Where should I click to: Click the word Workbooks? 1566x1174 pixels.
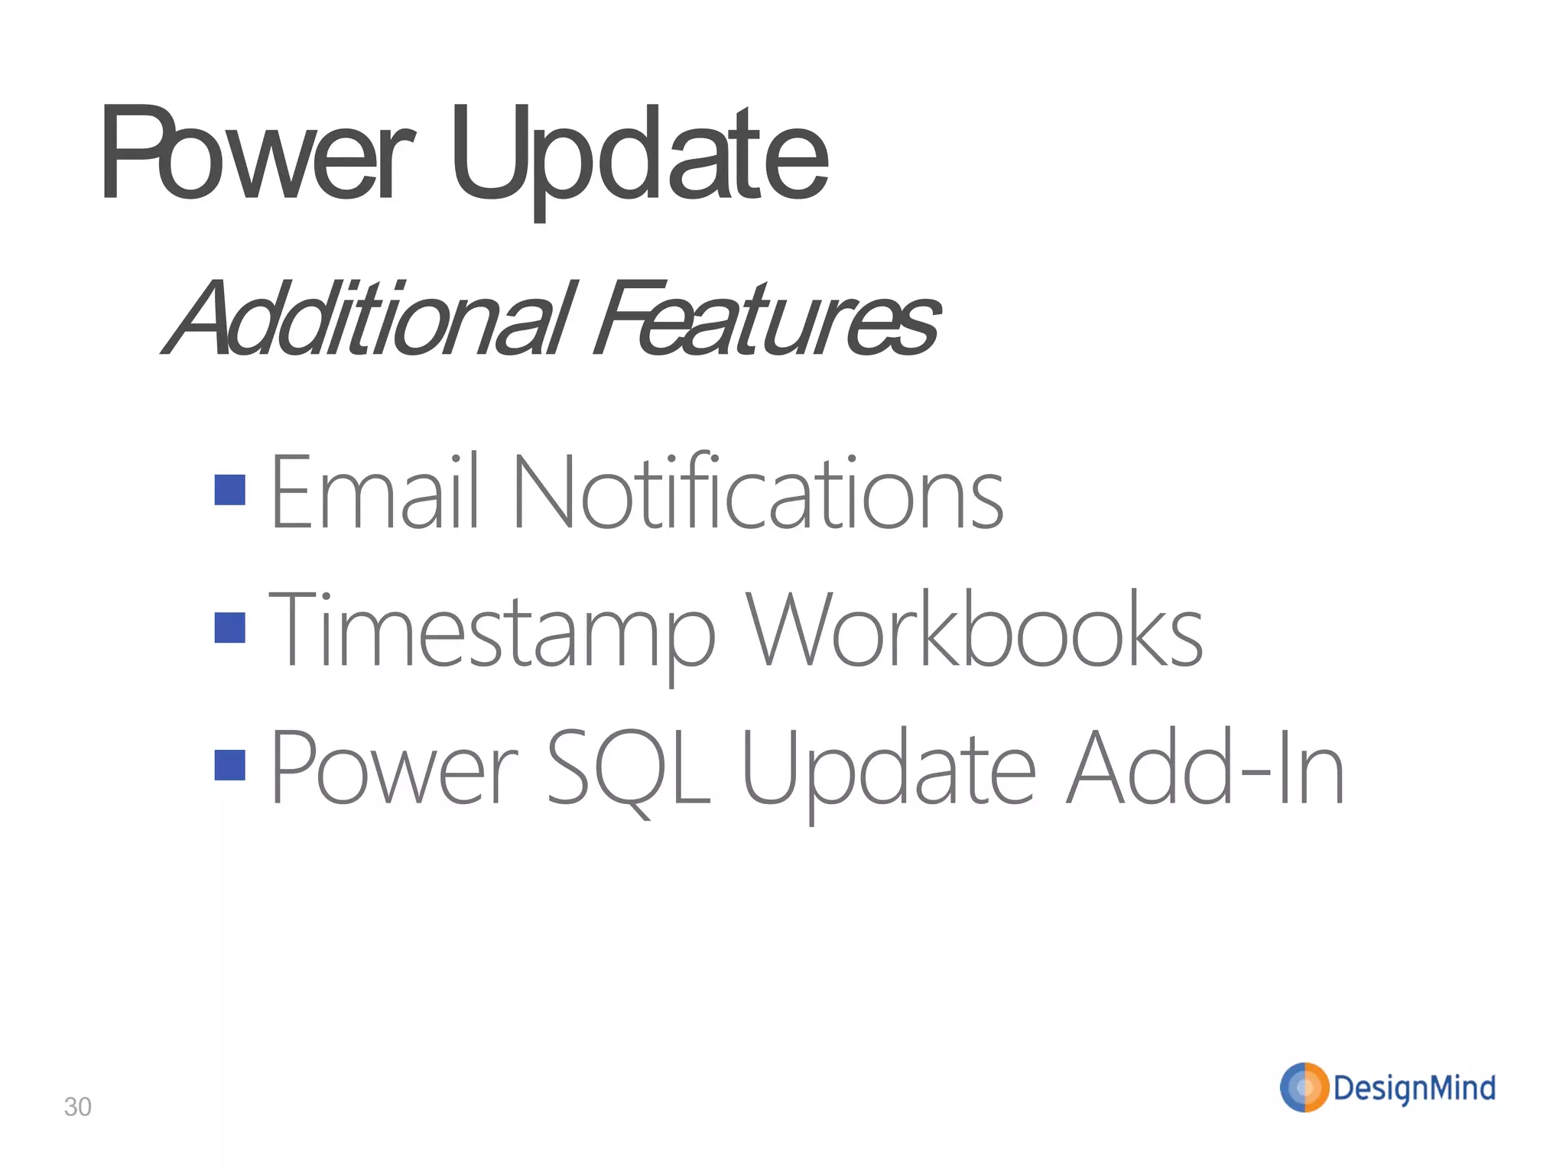pos(974,631)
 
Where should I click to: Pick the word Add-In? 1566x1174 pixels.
pos(1205,768)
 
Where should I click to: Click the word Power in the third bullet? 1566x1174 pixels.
pos(395,768)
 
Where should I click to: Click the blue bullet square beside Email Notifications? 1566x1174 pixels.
pos(230,490)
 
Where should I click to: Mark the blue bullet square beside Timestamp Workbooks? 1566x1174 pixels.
pos(230,628)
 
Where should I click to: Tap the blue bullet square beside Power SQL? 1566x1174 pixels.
pos(230,765)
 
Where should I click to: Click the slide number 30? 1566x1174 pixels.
pos(77,1107)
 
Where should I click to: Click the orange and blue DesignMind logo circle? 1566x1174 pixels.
pos(1304,1087)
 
